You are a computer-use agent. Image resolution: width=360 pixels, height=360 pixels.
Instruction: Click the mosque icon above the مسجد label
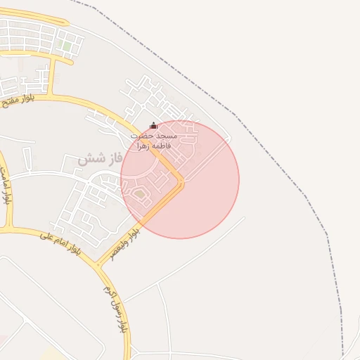pyautogui.click(x=154, y=126)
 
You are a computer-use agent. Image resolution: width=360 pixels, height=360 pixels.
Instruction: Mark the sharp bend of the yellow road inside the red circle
pyautogui.click(x=182, y=183)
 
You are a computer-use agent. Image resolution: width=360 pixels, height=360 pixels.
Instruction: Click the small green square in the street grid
pyautogui.click(x=66, y=46)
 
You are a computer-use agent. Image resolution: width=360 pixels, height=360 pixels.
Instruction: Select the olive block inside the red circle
pyautogui.click(x=139, y=194)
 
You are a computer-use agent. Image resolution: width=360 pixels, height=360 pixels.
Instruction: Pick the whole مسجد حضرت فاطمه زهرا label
pyautogui.click(x=154, y=140)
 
